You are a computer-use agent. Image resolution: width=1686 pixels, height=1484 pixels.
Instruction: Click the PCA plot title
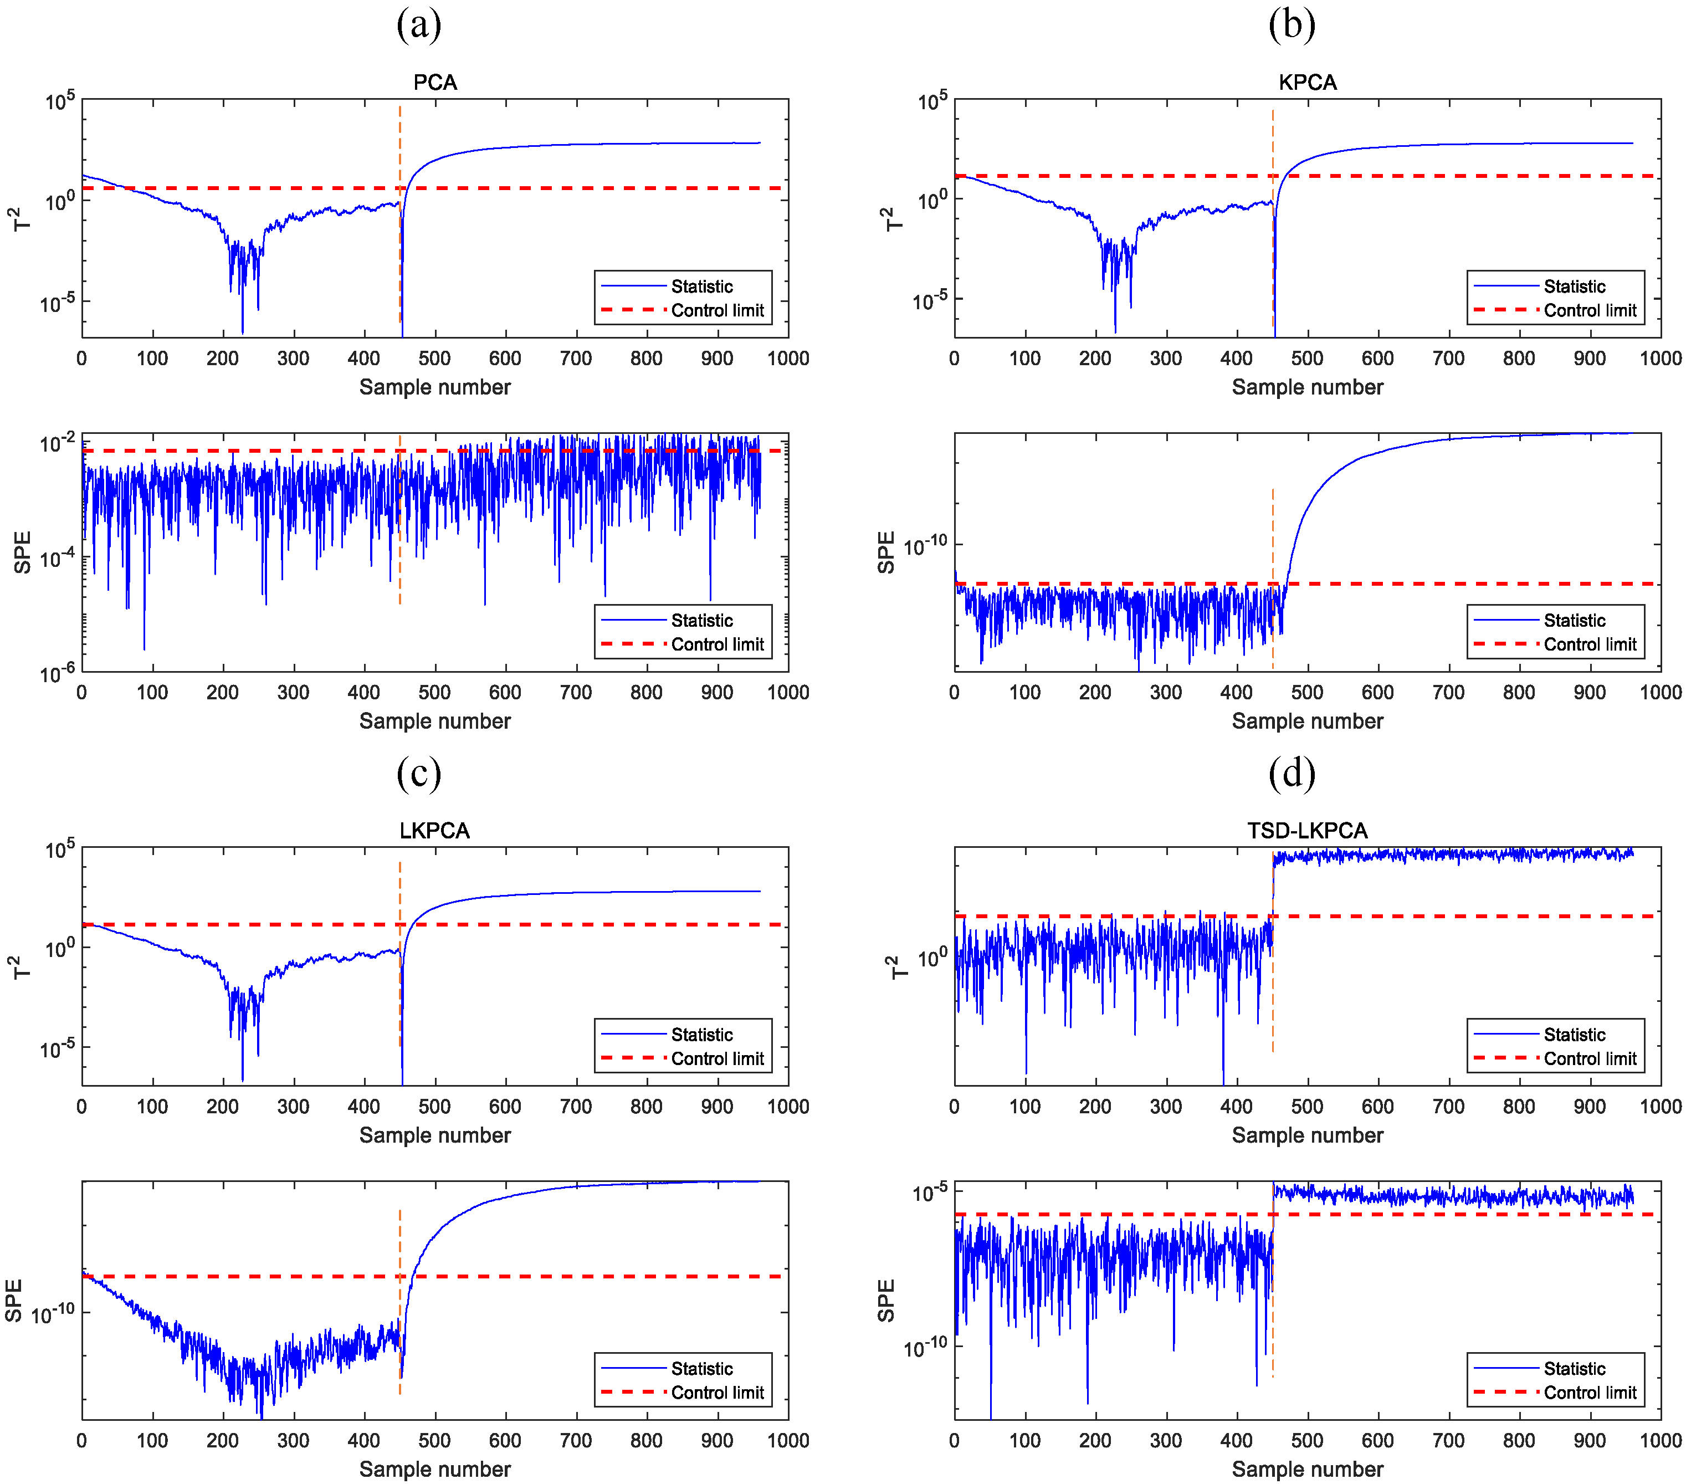[x=435, y=83]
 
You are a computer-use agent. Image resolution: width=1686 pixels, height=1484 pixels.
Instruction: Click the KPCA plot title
[x=1308, y=83]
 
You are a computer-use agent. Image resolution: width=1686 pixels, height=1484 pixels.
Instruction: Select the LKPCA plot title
[x=435, y=831]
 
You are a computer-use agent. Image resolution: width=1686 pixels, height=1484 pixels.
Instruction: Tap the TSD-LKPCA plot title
[x=1308, y=831]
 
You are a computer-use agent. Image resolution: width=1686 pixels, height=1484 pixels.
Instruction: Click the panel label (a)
[x=419, y=25]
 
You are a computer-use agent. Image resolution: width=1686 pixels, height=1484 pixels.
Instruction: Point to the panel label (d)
[x=1292, y=773]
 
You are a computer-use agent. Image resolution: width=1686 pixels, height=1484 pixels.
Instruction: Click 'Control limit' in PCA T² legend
[x=718, y=311]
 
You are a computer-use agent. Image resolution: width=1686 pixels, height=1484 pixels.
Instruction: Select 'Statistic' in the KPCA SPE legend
[x=1574, y=620]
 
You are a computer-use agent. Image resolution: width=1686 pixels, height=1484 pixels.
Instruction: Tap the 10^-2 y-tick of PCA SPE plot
[x=58, y=444]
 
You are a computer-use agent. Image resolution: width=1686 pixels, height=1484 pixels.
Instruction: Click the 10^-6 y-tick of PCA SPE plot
[x=58, y=674]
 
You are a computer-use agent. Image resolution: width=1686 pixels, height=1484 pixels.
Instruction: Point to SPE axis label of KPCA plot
[x=886, y=552]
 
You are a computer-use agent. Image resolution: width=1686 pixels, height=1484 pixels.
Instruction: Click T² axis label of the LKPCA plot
[x=22, y=967]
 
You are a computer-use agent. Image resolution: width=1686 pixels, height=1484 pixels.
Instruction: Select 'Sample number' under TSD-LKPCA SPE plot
[x=1308, y=1469]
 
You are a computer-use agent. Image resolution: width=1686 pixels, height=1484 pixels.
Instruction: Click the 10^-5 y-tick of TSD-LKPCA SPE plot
[x=930, y=1193]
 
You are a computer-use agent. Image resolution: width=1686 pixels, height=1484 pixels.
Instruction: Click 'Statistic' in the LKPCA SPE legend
[x=701, y=1369]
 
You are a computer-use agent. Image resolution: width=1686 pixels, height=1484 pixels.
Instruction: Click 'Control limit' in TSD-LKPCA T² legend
[x=1590, y=1059]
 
